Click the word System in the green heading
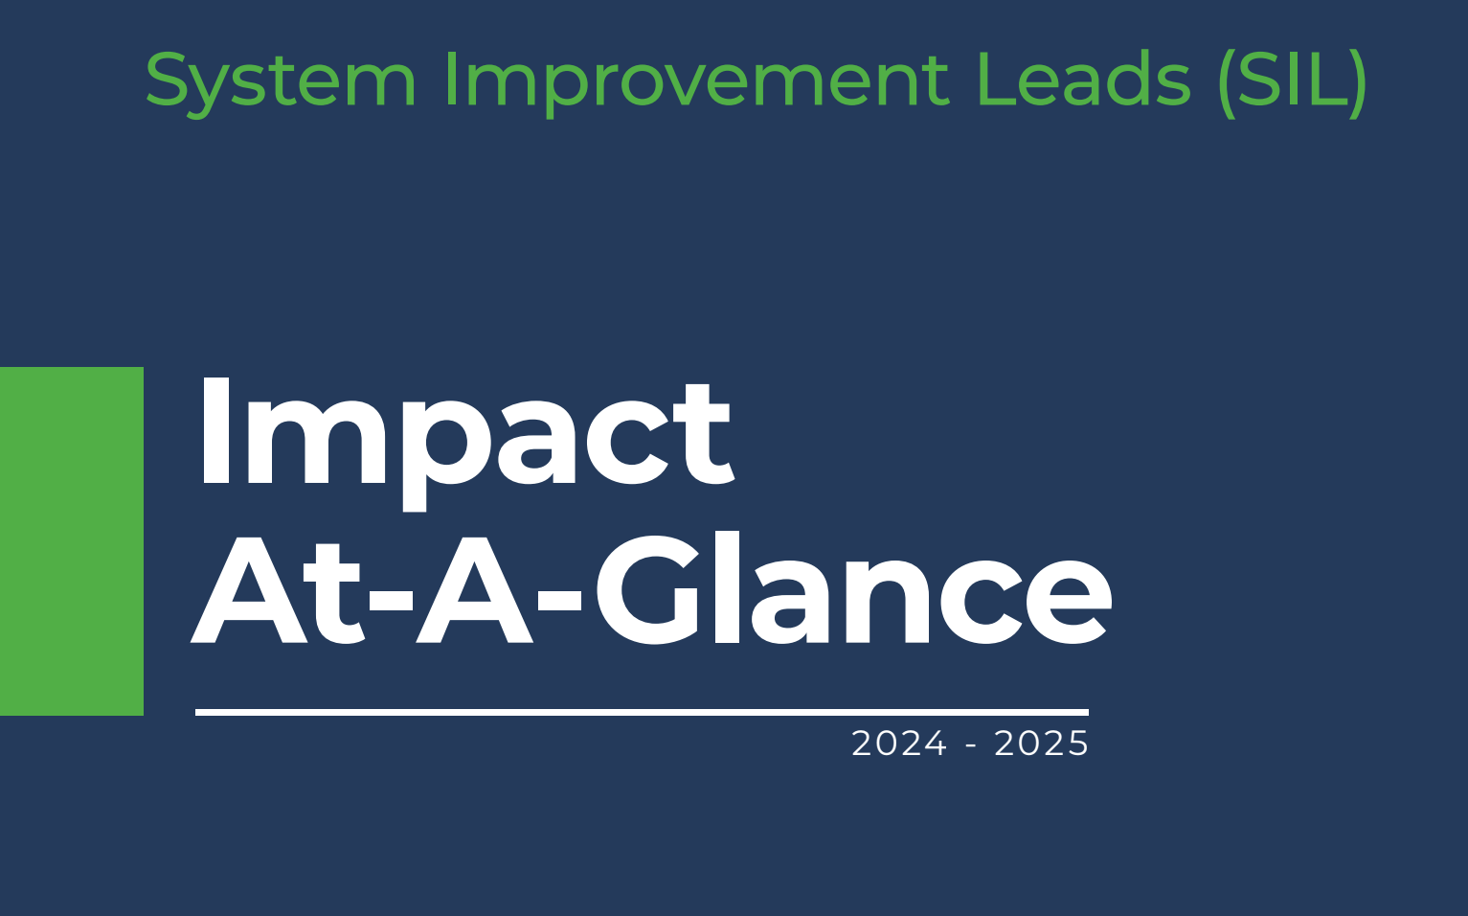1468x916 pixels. [281, 82]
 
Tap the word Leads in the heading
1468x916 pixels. [1083, 79]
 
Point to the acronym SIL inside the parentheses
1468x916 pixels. [1292, 79]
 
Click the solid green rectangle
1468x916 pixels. [72, 541]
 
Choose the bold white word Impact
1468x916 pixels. [466, 443]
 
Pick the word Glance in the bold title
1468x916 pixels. [853, 588]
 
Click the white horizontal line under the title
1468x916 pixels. [642, 712]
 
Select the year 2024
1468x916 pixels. [899, 744]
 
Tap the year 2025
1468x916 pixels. [1041, 744]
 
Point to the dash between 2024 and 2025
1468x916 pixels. [971, 745]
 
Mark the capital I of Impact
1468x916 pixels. [215, 431]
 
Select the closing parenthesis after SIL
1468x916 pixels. [1358, 83]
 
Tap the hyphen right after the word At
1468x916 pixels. [391, 600]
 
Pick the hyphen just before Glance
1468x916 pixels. [559, 600]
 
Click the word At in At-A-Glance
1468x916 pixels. [277, 589]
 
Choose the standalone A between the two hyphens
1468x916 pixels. [474, 589]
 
